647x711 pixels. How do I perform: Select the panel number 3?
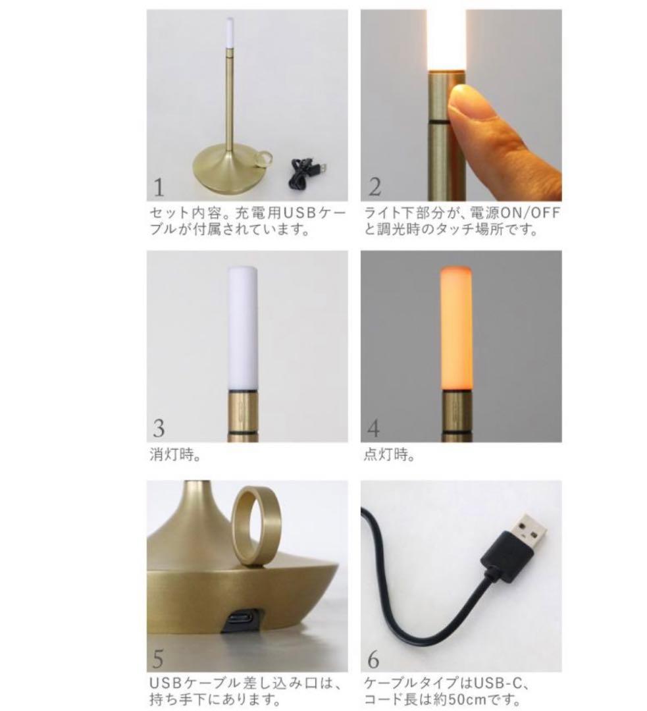click(159, 429)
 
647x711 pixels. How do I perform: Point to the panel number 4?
click(373, 429)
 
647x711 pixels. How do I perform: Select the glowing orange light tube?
click(457, 326)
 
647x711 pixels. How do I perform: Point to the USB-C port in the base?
click(242, 619)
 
